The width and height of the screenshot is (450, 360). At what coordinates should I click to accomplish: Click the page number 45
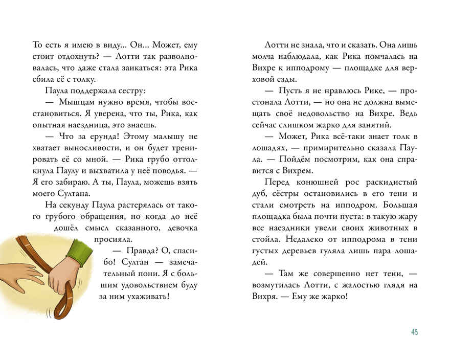tap(414, 332)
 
